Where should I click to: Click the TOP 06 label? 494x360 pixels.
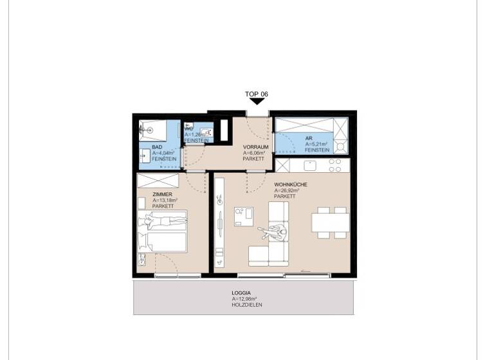(256, 94)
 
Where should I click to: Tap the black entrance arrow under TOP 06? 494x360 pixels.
(256, 102)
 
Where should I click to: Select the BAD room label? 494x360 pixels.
(157, 148)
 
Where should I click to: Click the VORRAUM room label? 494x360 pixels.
(255, 147)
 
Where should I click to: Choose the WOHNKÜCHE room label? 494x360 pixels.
(290, 184)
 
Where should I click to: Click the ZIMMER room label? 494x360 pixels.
(161, 194)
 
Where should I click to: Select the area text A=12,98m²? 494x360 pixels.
(244, 299)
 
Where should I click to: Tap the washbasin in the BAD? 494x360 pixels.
(143, 155)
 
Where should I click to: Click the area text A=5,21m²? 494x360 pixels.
(316, 144)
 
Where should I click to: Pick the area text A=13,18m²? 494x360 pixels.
(165, 200)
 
